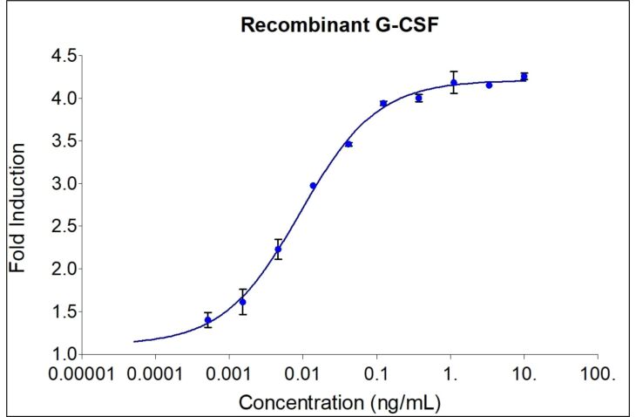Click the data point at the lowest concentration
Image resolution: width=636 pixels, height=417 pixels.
207,320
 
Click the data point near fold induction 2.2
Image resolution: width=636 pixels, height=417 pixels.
278,250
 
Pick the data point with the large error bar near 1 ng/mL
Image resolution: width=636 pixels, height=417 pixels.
454,83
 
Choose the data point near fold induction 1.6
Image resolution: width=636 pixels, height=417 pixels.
242,302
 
